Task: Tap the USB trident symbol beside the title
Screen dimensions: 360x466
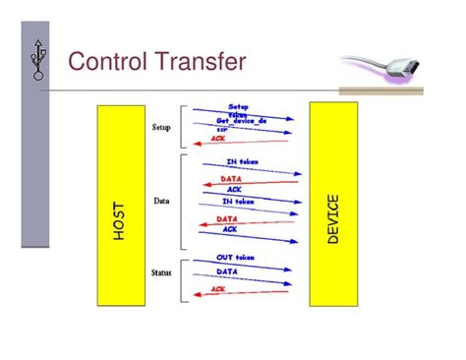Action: [38, 61]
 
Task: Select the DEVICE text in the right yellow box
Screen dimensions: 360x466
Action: [333, 218]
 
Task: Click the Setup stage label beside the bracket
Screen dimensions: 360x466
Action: [161, 127]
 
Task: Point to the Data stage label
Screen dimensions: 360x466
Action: [161, 200]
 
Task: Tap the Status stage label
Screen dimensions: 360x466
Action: [161, 272]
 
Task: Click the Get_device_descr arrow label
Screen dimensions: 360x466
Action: [242, 120]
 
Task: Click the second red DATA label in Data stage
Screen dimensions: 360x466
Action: [227, 219]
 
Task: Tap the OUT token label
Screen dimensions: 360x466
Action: [237, 257]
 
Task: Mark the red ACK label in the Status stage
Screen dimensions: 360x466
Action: [218, 289]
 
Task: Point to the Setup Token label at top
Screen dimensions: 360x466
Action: [239, 109]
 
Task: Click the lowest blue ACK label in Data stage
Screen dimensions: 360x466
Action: [229, 229]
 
